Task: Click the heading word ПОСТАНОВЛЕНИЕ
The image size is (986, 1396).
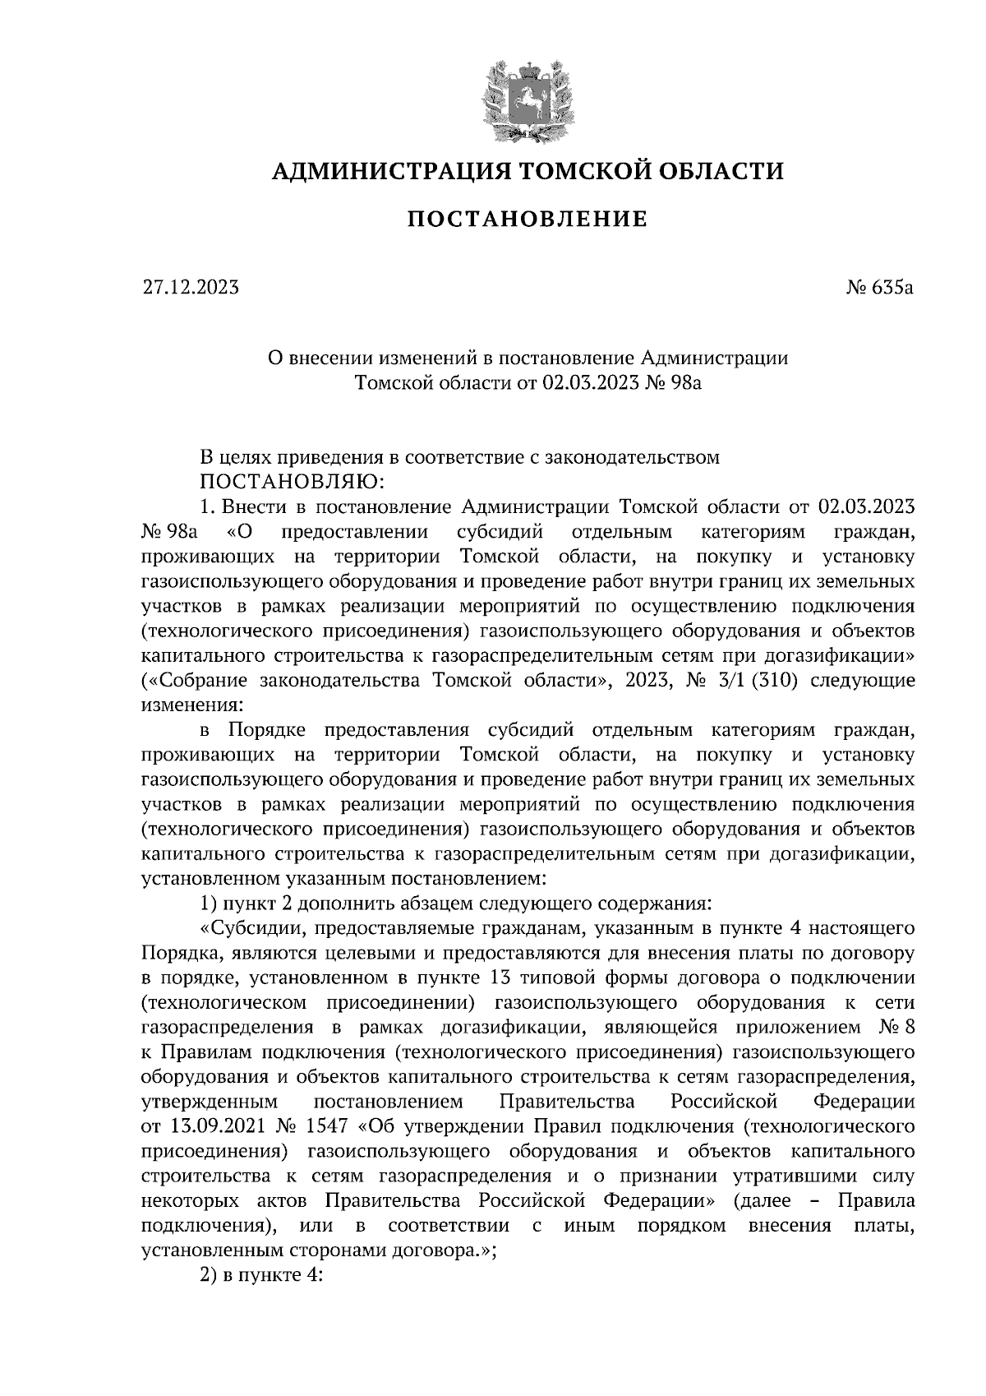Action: pos(528,220)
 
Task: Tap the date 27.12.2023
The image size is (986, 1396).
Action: pos(190,288)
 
